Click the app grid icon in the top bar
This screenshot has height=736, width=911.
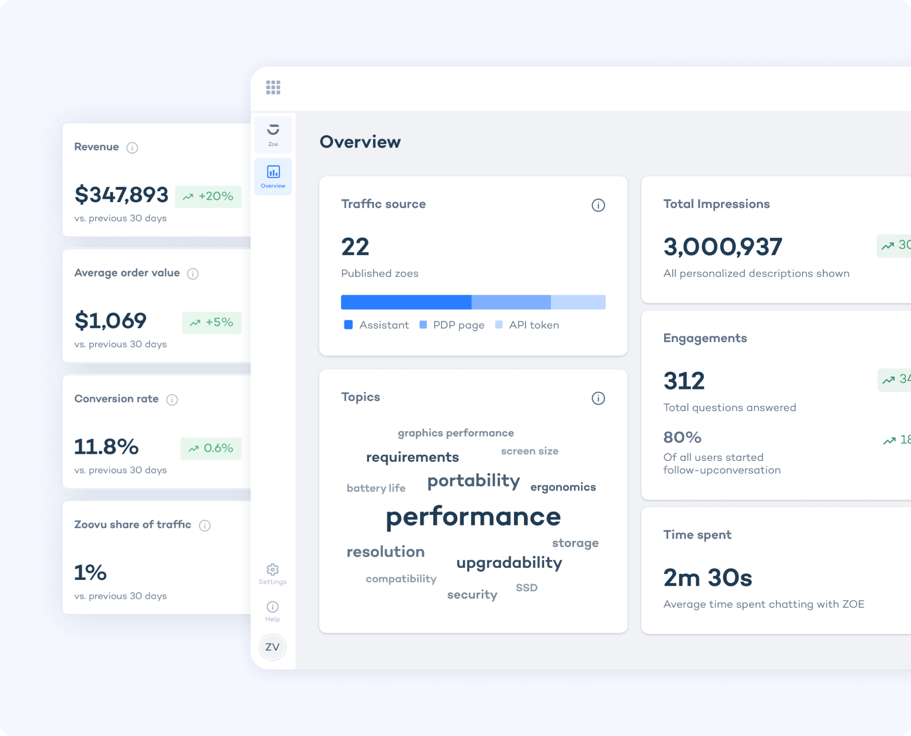coord(273,87)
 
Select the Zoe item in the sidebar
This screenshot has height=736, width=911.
coord(273,134)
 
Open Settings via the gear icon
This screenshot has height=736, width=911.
coord(273,570)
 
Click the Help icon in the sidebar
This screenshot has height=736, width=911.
coord(273,607)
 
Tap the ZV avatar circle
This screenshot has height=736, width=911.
coord(273,647)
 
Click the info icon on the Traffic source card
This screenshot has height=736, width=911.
coord(598,206)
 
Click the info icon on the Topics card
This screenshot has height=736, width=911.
coord(598,398)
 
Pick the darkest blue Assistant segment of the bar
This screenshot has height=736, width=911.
coord(406,302)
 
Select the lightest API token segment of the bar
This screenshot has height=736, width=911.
coord(578,302)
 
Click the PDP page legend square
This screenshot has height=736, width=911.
coord(423,325)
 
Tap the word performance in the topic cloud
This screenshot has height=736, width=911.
coord(473,517)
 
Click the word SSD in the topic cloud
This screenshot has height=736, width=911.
coord(527,588)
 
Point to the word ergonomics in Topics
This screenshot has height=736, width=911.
coord(563,487)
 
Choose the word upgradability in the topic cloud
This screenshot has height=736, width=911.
coord(509,563)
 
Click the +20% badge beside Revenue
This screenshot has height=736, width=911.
coord(208,197)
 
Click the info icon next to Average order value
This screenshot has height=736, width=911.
coord(193,274)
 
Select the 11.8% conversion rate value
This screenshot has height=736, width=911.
coord(107,447)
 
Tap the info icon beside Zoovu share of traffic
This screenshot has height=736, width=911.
coord(205,526)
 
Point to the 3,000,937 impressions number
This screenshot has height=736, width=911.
coord(722,247)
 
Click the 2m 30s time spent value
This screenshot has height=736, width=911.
coord(708,578)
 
